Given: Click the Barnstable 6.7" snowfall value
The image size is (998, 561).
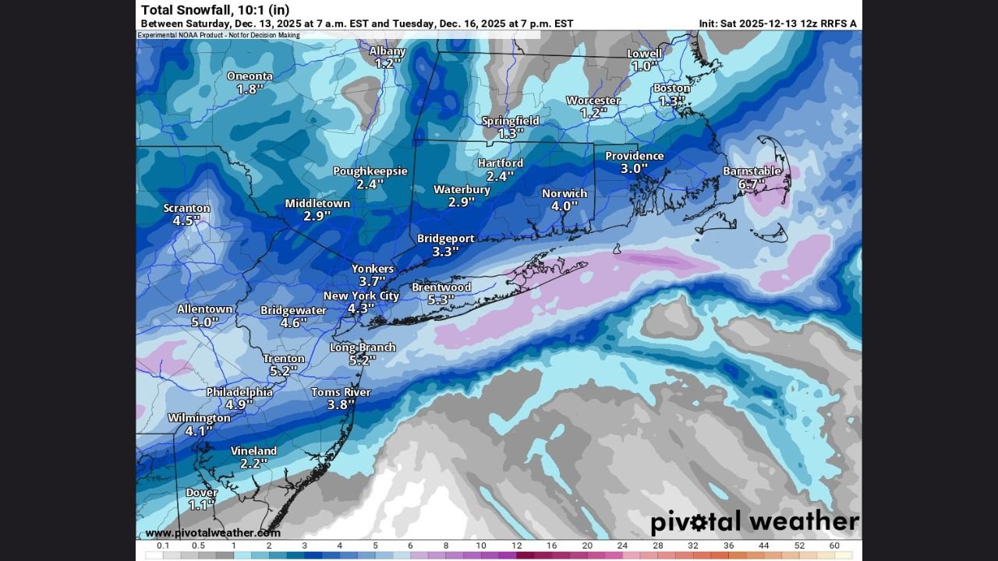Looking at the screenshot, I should point(751,185).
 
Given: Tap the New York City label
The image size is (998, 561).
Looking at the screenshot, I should point(361,295).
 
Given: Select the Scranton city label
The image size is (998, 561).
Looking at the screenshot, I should point(186,208).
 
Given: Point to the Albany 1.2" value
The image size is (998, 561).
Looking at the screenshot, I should point(387,64).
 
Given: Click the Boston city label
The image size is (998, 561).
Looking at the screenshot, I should point(671,88).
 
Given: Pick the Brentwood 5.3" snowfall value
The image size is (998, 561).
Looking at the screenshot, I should point(441,300).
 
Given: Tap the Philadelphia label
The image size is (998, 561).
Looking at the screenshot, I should point(239,392).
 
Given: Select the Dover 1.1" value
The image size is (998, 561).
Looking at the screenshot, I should point(200,505).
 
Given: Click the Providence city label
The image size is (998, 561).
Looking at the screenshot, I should point(635,156).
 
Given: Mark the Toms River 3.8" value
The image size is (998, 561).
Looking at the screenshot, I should point(341,405).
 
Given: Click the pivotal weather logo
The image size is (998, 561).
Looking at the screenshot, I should point(754,521).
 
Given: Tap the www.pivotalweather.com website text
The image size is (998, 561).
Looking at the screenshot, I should point(213,533).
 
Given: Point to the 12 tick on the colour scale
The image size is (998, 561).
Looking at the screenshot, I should point(516,545).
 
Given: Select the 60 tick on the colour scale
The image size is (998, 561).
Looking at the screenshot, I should point(834,545).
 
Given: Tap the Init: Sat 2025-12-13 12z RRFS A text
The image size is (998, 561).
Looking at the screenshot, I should point(777,23).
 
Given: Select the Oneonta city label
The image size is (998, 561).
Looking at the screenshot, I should point(249,76).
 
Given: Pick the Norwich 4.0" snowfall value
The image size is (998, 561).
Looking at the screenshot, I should point(564,206).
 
